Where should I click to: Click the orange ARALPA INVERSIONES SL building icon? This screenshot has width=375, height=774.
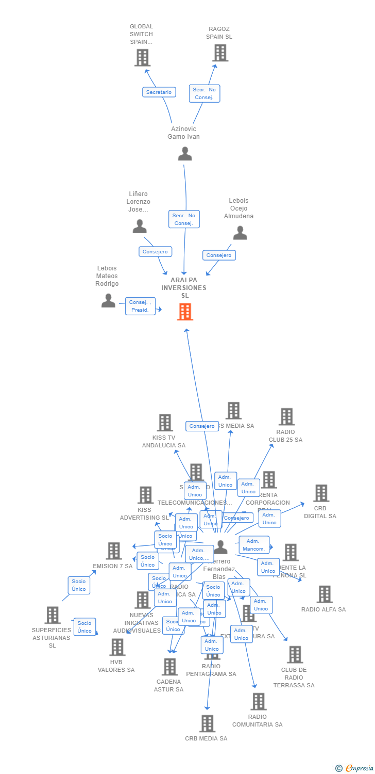click(185, 312)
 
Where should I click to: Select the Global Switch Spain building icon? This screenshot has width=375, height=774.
click(142, 57)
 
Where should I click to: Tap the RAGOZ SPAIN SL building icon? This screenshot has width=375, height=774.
click(220, 53)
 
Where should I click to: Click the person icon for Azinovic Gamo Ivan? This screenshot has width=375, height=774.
click(185, 153)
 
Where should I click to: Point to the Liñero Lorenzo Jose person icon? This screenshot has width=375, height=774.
click(140, 226)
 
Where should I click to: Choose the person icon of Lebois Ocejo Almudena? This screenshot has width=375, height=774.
click(240, 233)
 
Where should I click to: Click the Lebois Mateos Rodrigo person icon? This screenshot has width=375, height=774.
click(108, 300)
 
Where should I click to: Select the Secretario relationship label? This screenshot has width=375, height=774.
click(159, 92)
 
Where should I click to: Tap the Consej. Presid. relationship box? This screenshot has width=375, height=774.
click(140, 306)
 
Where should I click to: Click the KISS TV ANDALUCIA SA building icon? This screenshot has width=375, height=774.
click(164, 423)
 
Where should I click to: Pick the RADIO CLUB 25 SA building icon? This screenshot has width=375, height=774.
click(286, 417)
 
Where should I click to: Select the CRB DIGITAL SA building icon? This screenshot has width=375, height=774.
click(321, 493)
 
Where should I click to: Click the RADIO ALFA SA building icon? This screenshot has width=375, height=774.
click(325, 594)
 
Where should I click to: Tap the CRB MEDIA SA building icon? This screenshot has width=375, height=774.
click(207, 723)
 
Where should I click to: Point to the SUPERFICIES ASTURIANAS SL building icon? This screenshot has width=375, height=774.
click(52, 615)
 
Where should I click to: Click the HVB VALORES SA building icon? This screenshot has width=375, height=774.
click(117, 647)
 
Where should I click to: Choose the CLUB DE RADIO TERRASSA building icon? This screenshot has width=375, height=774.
click(295, 655)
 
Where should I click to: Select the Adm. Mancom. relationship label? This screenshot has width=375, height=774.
click(254, 545)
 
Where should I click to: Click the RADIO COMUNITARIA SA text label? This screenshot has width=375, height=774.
click(258, 720)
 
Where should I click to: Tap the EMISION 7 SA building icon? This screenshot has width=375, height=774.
click(114, 551)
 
